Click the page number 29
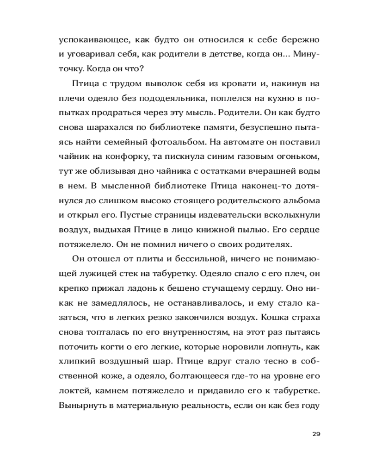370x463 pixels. tap(316, 434)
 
